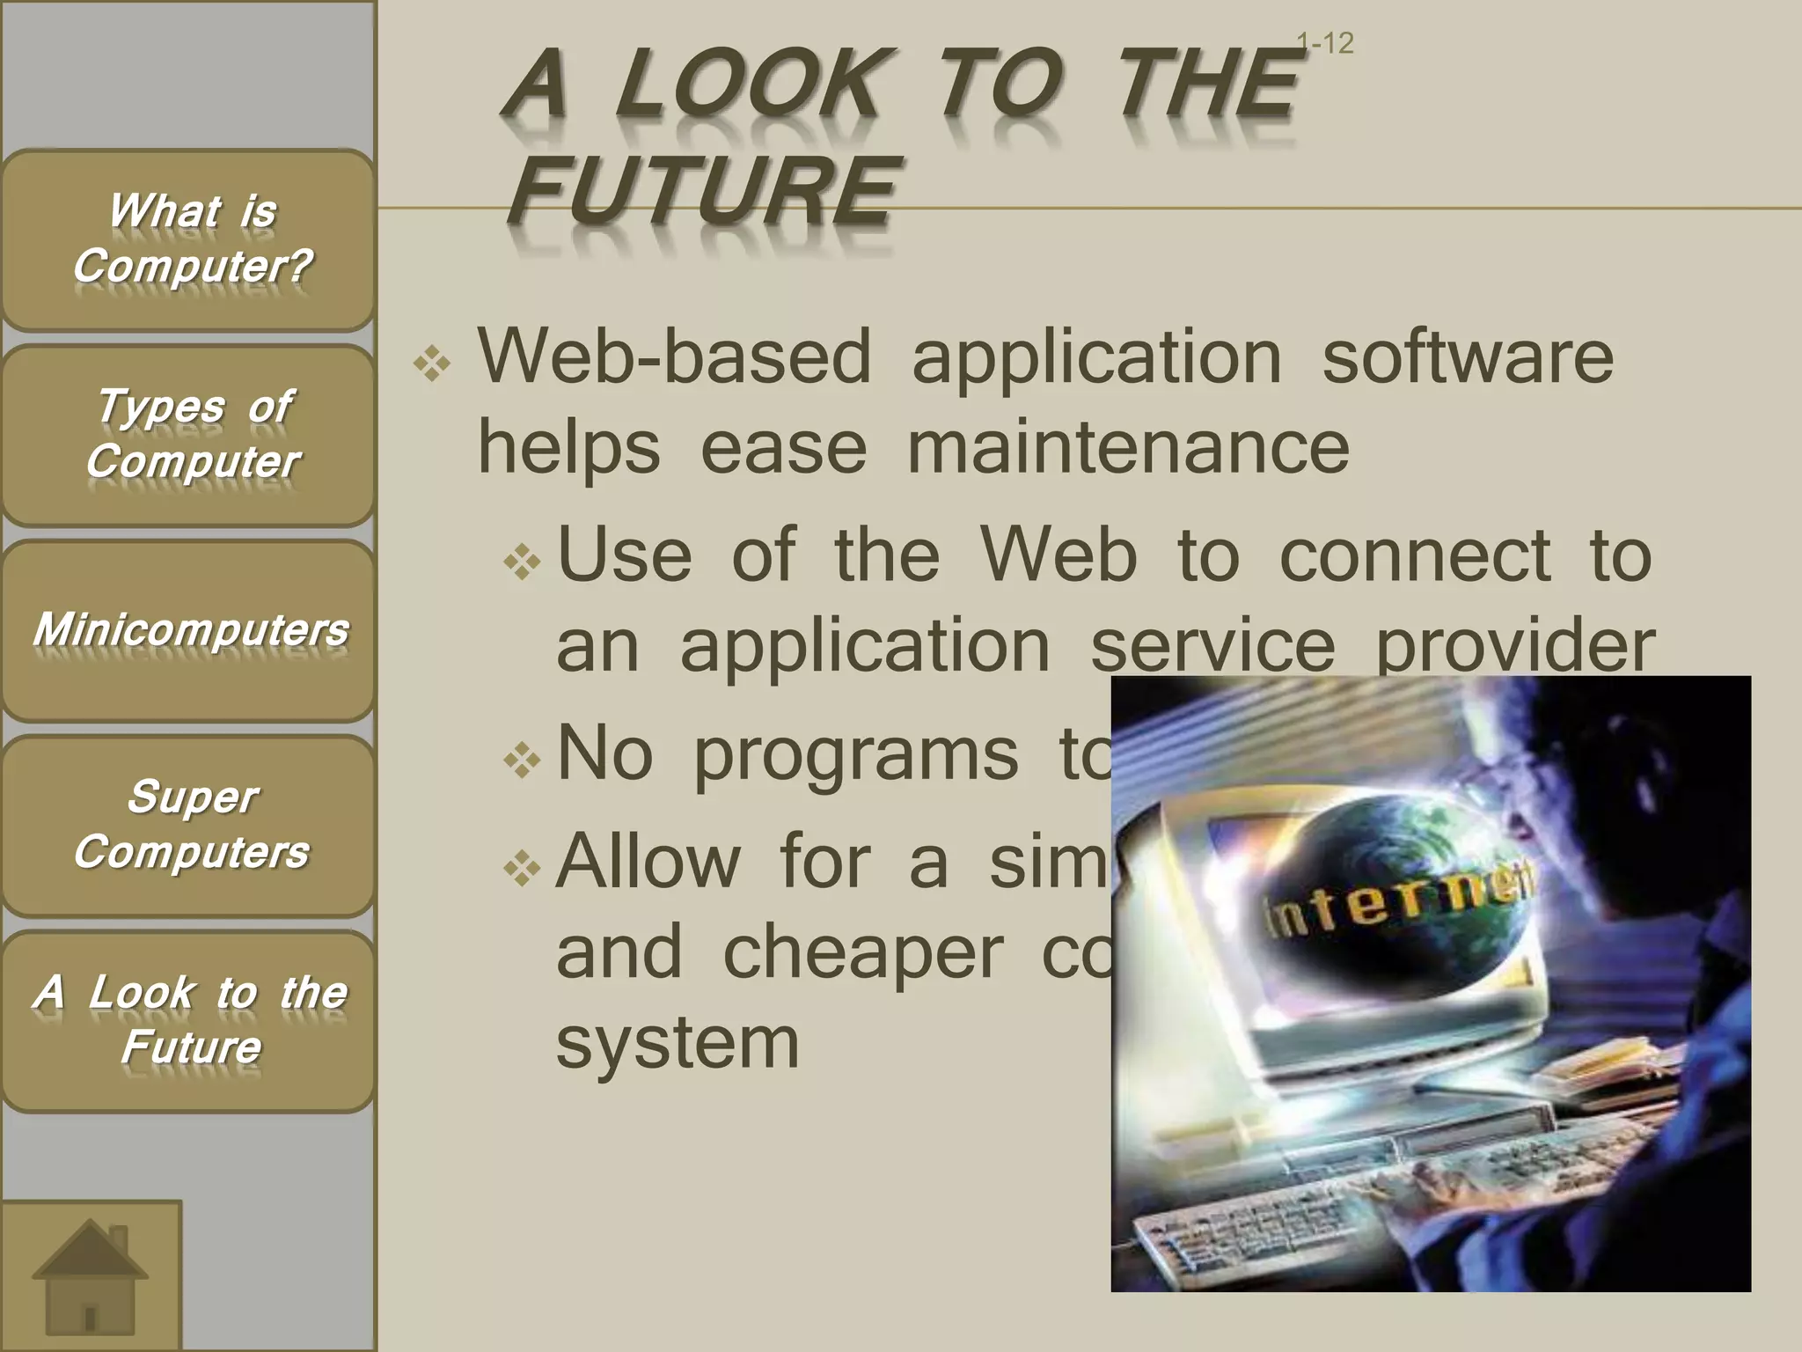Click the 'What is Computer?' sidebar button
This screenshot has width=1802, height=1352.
pyautogui.click(x=188, y=239)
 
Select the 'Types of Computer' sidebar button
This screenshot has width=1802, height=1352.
pyautogui.click(x=188, y=435)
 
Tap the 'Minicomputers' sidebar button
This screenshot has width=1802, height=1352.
pyautogui.click(x=188, y=630)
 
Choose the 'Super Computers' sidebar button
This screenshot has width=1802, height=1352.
pyautogui.click(x=188, y=826)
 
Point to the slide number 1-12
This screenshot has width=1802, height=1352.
pyautogui.click(x=1326, y=43)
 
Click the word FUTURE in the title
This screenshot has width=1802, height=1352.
pyautogui.click(x=704, y=190)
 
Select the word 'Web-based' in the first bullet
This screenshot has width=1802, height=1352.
pyautogui.click(x=674, y=357)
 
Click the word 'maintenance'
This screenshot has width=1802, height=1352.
pyautogui.click(x=1128, y=447)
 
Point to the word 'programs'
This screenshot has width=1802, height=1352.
pyautogui.click(x=856, y=755)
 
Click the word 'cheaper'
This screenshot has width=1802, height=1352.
pyautogui.click(x=863, y=952)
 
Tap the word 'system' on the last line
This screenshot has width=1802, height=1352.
pyautogui.click(x=678, y=1042)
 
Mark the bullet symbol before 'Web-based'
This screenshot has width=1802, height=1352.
pyautogui.click(x=432, y=364)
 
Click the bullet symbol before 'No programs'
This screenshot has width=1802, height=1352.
pyautogui.click(x=522, y=760)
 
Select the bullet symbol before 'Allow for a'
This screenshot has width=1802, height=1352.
pyautogui.click(x=522, y=869)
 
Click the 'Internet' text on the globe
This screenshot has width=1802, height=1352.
pyautogui.click(x=1399, y=902)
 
